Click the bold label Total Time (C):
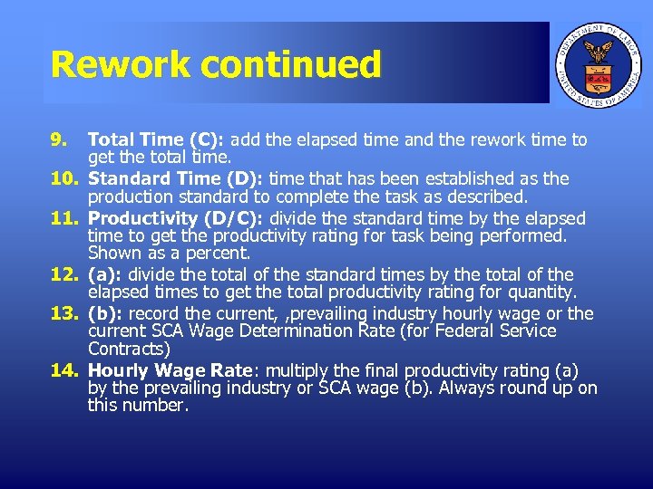pyautogui.click(x=159, y=140)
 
